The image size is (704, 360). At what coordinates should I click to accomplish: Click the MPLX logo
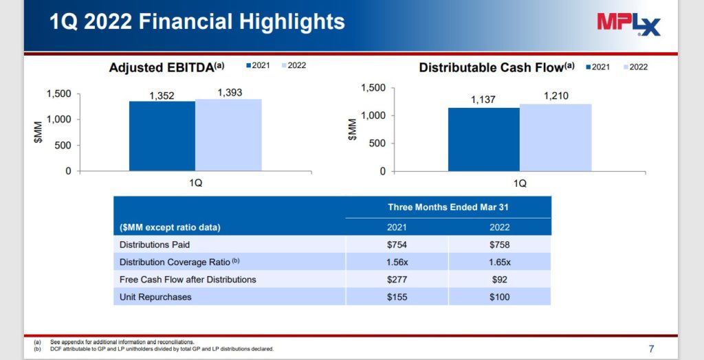point(628,25)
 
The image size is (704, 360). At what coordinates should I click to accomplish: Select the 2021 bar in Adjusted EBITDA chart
point(162,135)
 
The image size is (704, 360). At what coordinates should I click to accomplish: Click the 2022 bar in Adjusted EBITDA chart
point(228,135)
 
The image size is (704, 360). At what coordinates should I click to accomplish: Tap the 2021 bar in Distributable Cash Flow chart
point(483,139)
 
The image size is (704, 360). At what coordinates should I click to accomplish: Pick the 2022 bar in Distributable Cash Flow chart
point(555,137)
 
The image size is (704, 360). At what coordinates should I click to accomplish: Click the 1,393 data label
point(229,93)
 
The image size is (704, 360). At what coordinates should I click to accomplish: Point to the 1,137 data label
point(483,100)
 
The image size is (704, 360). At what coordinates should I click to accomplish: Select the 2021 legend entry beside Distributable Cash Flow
point(599,67)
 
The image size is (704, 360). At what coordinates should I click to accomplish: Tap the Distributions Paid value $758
point(499,245)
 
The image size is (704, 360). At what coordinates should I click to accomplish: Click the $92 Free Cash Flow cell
point(499,280)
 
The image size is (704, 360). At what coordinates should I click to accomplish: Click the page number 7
point(651,348)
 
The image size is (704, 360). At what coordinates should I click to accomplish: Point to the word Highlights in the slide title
point(291,22)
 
